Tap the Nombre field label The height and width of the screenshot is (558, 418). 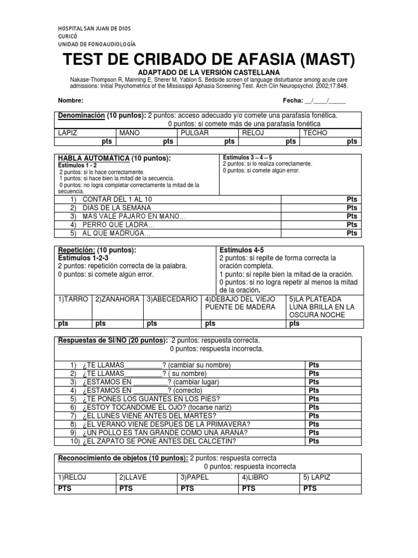70,101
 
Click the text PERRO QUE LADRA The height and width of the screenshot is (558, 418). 119,225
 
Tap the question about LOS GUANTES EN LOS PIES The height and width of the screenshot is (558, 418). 144,399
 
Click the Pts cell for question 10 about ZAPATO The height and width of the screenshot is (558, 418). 314,441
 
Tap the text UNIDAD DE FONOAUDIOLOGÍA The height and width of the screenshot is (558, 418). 96,44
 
